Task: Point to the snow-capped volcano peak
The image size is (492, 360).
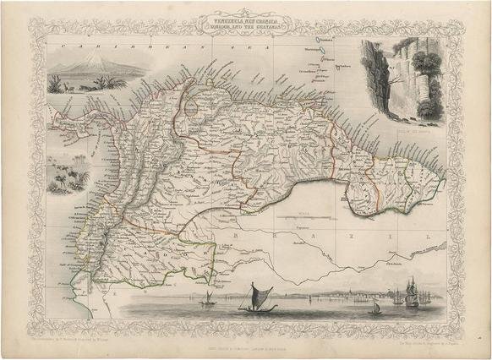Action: (x=88, y=57)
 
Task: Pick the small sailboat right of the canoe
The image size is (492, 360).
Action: (x=378, y=308)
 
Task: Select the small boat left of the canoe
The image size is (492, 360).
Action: (x=207, y=298)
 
